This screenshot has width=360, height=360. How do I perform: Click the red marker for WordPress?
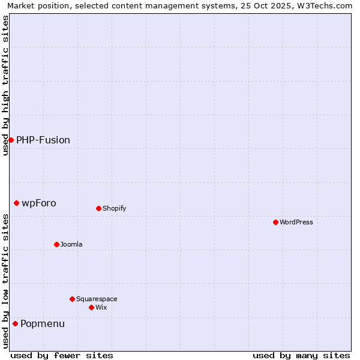[275, 222]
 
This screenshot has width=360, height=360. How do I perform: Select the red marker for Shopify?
[98, 208]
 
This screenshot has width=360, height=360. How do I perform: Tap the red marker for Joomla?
[56, 244]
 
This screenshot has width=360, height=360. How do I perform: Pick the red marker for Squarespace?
[72, 299]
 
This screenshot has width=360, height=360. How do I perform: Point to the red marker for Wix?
[91, 307]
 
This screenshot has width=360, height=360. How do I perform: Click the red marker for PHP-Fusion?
[11, 140]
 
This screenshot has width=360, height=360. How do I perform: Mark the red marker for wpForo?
[16, 203]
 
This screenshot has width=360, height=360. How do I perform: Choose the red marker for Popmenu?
[15, 323]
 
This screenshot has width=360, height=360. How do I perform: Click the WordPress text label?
[296, 222]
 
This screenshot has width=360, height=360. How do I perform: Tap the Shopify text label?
[114, 208]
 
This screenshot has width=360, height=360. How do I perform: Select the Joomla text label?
[71, 244]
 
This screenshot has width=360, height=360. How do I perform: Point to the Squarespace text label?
[97, 299]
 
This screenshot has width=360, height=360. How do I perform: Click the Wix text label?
[101, 307]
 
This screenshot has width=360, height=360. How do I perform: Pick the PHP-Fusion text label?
[43, 140]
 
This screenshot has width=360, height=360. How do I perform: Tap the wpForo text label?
[39, 203]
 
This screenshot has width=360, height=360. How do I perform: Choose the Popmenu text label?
[43, 323]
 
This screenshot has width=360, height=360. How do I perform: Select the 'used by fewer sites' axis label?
[62, 355]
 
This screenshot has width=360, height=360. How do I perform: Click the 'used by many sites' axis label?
[301, 355]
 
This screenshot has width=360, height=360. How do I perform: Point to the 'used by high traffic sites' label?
[5, 85]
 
